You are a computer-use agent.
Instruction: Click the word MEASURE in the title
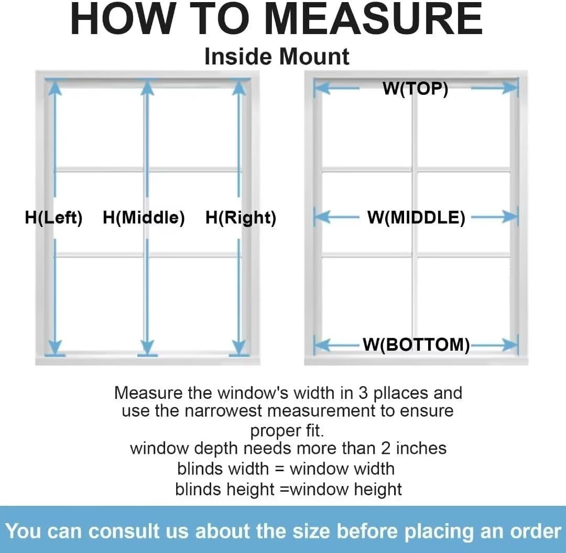(x=375, y=19)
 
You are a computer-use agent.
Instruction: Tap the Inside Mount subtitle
(x=277, y=57)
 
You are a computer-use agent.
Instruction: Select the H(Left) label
(x=54, y=218)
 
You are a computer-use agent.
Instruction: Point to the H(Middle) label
(x=144, y=218)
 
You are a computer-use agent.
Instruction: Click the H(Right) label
(x=241, y=218)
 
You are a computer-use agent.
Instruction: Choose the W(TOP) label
(x=416, y=89)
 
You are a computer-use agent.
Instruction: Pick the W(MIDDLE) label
(x=416, y=218)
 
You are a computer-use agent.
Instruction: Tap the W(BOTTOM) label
(x=416, y=344)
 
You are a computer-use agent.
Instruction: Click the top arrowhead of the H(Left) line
(x=55, y=88)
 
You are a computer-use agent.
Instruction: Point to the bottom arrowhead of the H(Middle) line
(x=147, y=347)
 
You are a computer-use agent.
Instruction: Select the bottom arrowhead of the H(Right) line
(x=238, y=347)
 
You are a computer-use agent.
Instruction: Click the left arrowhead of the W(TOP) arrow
(x=322, y=89)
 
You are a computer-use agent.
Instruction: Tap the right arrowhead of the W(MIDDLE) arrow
(x=509, y=217)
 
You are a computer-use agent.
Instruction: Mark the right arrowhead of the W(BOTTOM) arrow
(x=509, y=345)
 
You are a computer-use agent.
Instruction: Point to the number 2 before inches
(x=386, y=448)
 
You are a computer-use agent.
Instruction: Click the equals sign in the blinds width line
(x=279, y=469)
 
